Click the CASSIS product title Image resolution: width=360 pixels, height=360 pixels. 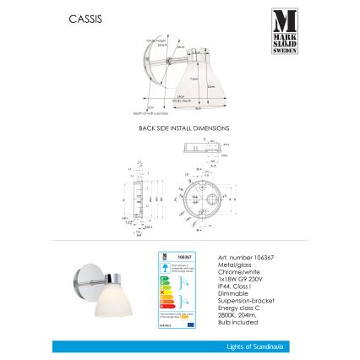point(85,18)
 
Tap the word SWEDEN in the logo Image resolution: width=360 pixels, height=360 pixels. point(284,51)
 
